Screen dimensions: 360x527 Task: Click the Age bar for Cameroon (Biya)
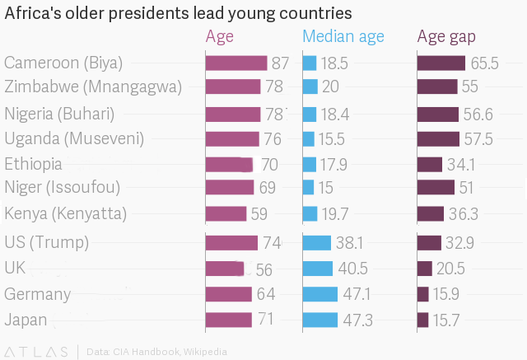pos(236,63)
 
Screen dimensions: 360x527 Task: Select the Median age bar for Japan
pos(320,320)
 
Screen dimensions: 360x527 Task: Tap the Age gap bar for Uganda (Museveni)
pos(438,138)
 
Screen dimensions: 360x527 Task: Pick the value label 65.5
pos(484,63)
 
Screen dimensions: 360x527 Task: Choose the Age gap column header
pos(451,36)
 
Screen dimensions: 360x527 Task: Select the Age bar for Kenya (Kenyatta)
pos(226,214)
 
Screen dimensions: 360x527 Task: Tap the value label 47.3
pos(357,320)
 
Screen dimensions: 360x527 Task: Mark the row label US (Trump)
pos(46,242)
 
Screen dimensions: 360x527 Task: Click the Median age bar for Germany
pos(320,294)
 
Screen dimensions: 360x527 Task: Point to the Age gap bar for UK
pos(425,269)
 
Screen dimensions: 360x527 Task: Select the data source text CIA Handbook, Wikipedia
pos(156,352)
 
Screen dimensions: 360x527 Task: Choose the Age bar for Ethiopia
pos(229,164)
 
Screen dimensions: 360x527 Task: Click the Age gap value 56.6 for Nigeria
pos(478,114)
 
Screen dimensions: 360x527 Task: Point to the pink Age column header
pos(219,36)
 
